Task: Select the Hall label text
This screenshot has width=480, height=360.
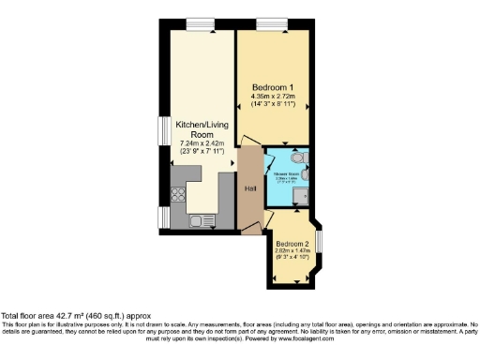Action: click(250, 189)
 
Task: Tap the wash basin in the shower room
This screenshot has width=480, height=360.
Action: click(309, 174)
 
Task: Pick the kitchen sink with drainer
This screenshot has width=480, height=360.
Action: click(201, 221)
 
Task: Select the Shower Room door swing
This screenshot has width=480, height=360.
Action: click(273, 155)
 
